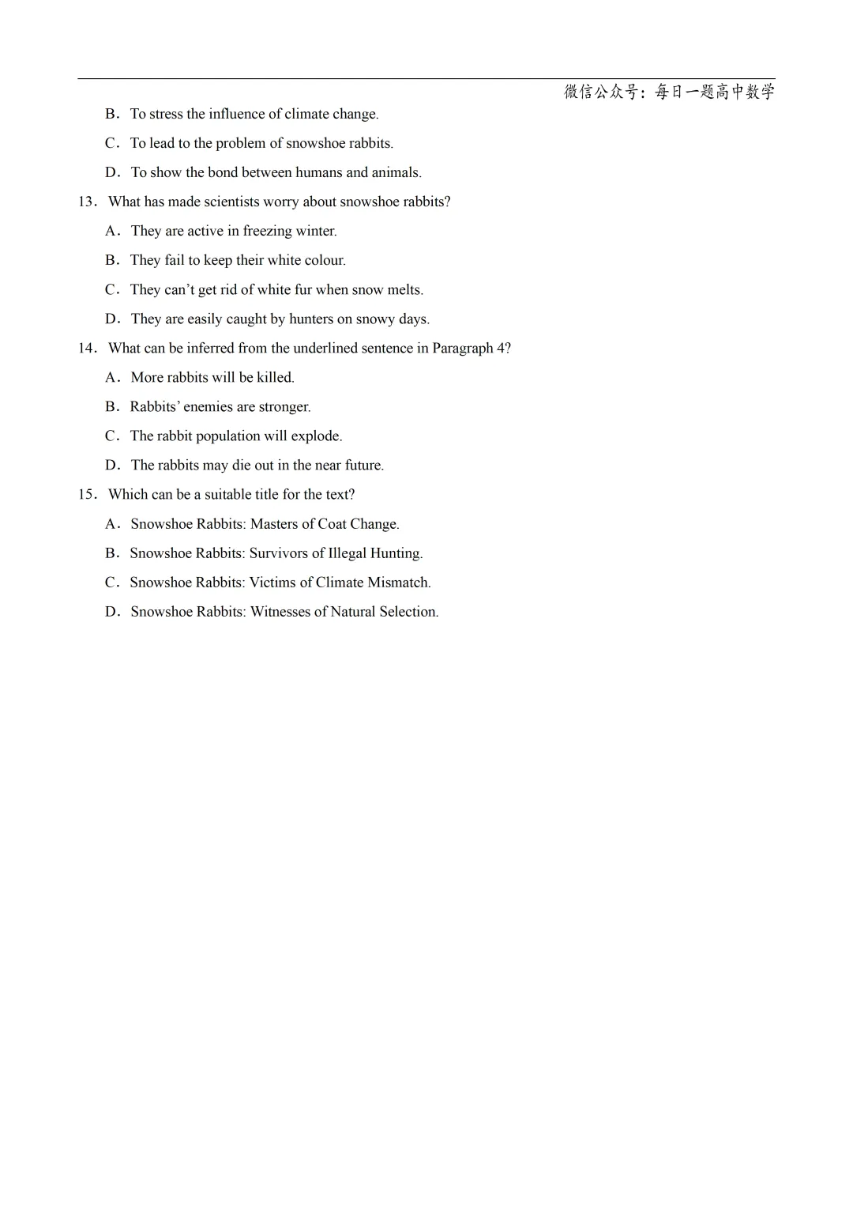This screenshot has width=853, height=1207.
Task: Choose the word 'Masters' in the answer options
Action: tap(274, 524)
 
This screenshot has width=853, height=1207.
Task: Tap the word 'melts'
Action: tap(404, 290)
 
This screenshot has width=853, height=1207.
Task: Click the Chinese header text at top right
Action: tap(669, 92)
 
